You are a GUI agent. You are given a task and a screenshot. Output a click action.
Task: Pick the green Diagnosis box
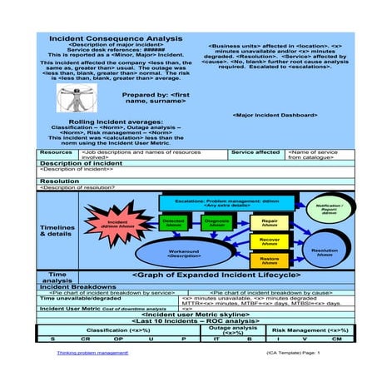coord(217,223)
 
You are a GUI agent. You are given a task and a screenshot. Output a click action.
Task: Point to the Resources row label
coord(57,153)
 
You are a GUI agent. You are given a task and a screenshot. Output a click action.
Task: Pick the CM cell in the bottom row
coord(336,340)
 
